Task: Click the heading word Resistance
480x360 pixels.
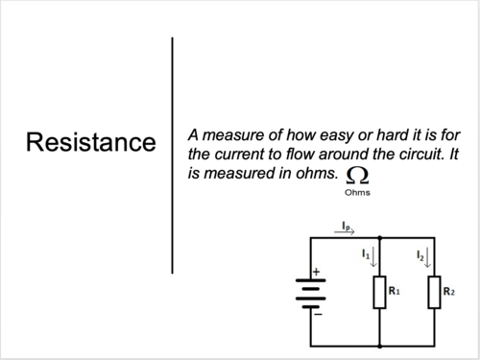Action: pyautogui.click(x=90, y=143)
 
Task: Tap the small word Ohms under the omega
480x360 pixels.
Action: pyautogui.click(x=357, y=192)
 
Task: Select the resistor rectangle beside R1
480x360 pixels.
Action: pyautogui.click(x=380, y=293)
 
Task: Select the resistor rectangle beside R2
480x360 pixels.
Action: pyautogui.click(x=435, y=293)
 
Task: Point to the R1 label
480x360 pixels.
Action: pyautogui.click(x=394, y=288)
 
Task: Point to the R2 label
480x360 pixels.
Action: pyautogui.click(x=449, y=288)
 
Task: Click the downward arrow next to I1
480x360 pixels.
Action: pyautogui.click(x=374, y=258)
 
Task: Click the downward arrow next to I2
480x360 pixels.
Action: pyautogui.click(x=429, y=258)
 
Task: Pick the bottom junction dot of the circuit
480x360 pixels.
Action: pyautogui.click(x=380, y=344)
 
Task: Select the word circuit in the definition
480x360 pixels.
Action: pyautogui.click(x=433, y=154)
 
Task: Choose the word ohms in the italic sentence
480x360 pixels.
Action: pyautogui.click(x=319, y=173)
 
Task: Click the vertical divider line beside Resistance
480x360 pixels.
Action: pyautogui.click(x=172, y=154)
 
